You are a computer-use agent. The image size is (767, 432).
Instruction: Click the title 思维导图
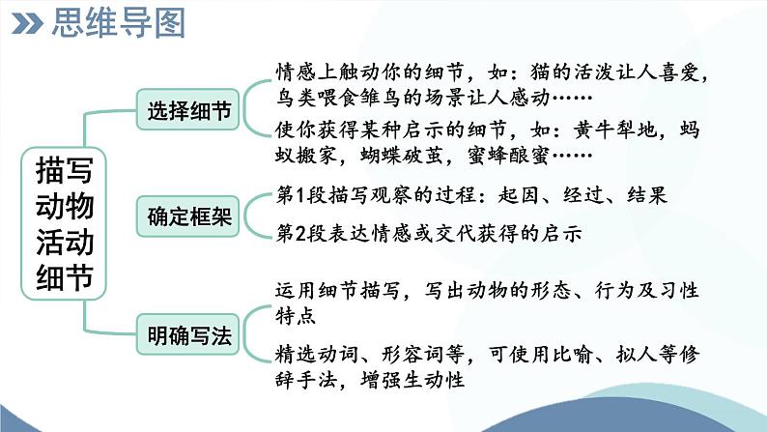click(x=116, y=23)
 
